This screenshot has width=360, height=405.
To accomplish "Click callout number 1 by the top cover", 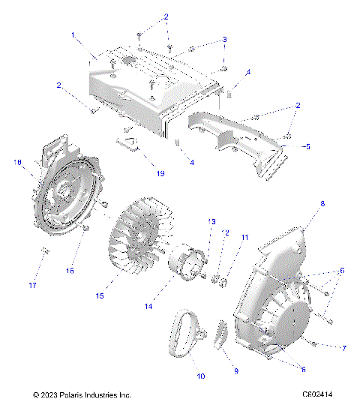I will pos(72,35).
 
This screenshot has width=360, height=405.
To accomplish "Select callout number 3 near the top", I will pos(224,39).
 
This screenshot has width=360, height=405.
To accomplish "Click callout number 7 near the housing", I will pos(344,349).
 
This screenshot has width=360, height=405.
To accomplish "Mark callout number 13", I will pos(211,221).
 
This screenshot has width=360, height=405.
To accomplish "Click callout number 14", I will pos(168,307).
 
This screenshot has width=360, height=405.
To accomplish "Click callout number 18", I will pos(17,161).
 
